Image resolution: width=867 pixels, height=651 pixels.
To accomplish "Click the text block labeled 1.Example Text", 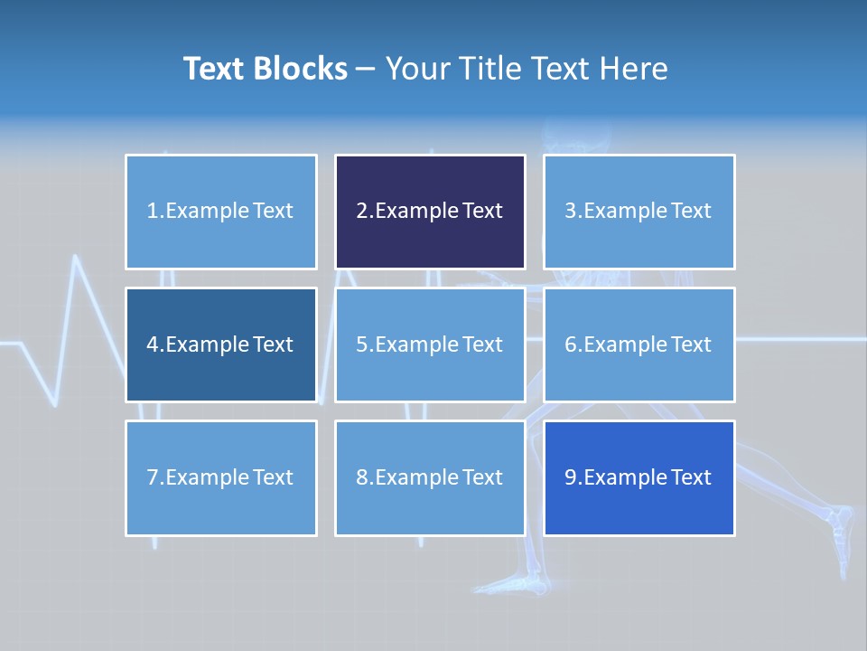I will pos(220,212).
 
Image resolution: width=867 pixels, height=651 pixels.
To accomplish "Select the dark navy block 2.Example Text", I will pos(430,212).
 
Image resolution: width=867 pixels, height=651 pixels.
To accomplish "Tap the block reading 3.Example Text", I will pos(639,212).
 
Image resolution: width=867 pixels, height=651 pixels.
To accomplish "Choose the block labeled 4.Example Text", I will pos(220,344).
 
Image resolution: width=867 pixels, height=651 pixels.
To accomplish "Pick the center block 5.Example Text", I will pos(430,344).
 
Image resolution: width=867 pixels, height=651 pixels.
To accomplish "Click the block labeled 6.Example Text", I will pos(639,344).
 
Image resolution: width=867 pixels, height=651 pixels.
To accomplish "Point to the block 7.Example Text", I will pos(220,477).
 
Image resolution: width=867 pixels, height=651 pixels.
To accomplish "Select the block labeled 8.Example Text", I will pos(430,477).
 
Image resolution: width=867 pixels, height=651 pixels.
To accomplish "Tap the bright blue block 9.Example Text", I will pos(639,477).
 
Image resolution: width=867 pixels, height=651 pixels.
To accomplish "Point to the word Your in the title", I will pos(417,69).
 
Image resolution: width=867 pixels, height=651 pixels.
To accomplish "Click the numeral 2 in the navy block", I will pos(361,212).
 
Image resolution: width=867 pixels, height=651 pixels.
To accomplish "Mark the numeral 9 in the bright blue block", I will pos(570,477).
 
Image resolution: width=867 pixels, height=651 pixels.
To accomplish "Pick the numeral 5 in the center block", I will pos(361,344).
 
